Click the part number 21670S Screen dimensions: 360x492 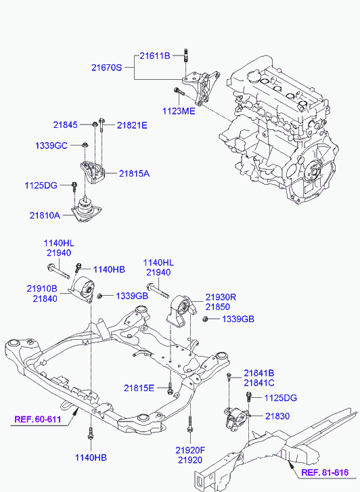coord(106,68)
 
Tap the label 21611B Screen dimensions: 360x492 coord(155,56)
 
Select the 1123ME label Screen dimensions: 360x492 coord(179,111)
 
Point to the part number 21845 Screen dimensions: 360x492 coord(65,125)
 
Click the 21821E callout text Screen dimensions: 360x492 coord(132,125)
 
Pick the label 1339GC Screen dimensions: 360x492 coord(51,146)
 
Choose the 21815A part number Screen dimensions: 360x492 coord(134,173)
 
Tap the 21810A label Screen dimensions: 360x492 coord(45,216)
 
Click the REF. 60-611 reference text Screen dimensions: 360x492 coord(38,419)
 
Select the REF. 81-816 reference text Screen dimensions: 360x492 coord(325,472)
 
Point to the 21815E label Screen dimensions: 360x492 coord(139,388)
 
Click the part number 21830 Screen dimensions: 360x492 coord(277,416)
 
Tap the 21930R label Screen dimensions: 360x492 coord(221,297)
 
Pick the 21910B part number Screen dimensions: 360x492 coord(42,288)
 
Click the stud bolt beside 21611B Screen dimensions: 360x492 coord(186,56)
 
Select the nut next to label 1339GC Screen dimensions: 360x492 coord(85,145)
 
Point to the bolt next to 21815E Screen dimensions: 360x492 coord(170,389)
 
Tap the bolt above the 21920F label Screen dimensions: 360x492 coord(189,424)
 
